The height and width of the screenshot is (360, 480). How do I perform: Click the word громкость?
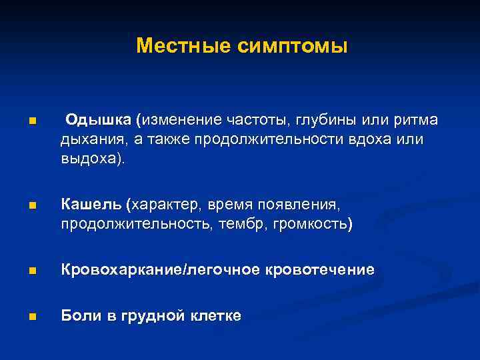[x=311, y=224]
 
